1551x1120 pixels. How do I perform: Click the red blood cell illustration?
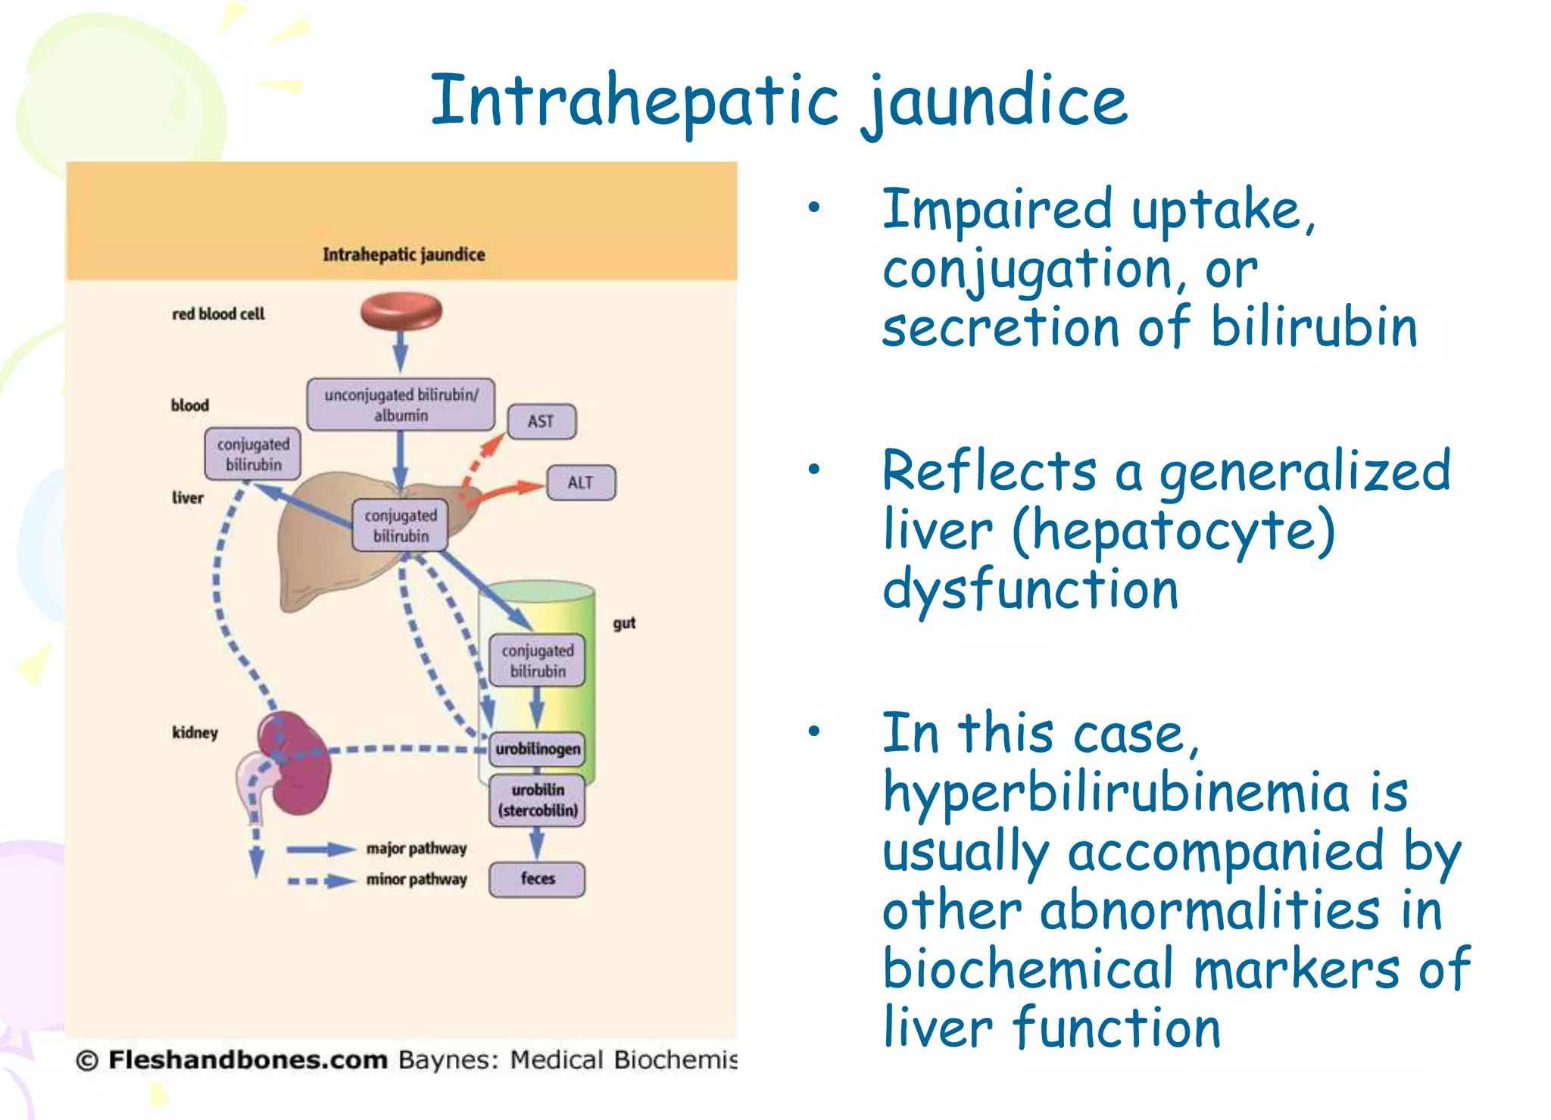401,311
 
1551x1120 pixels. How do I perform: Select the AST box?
541,421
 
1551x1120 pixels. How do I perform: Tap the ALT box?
580,482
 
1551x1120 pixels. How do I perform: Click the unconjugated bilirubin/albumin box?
401,404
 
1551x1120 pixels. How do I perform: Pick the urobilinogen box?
538,748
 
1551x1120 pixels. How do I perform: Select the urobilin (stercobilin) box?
537,800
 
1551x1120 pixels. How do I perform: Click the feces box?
537,878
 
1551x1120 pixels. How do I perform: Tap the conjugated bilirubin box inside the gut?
537,660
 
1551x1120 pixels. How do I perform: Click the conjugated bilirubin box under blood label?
253,454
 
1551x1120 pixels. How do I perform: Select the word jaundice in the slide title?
994,102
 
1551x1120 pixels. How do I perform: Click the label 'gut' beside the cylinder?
624,622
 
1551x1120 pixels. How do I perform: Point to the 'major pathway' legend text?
417,848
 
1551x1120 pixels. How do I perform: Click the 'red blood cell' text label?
218,314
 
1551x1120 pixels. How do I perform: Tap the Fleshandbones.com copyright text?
247,1059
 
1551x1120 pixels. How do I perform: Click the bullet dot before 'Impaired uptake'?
814,207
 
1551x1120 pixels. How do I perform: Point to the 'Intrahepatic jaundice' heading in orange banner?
404,254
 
